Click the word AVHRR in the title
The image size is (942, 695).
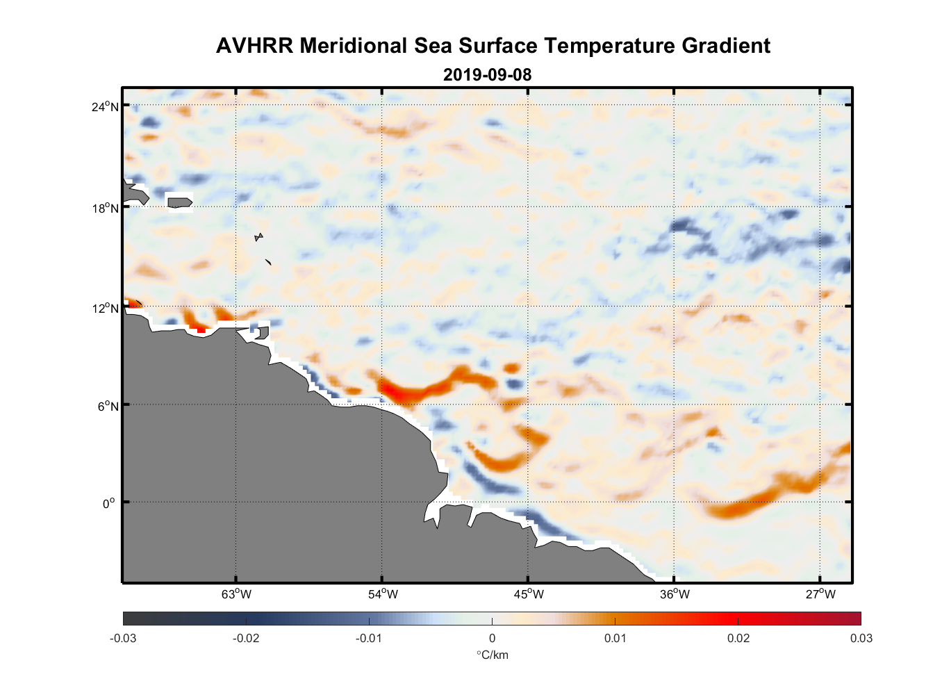pos(254,46)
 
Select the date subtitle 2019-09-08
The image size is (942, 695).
pos(487,75)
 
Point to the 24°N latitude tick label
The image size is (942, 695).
pos(105,106)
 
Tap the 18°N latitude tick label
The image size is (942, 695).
pos(105,208)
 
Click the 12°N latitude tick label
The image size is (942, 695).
pos(105,308)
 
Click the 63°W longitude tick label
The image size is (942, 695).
pos(236,594)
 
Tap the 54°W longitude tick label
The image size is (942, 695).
pos(383,594)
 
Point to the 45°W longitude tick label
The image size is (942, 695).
pos(529,594)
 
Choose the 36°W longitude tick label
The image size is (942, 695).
pos(675,594)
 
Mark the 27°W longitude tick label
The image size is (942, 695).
pos(820,594)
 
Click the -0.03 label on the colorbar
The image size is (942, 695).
pos(123,638)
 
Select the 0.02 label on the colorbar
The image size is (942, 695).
pos(738,638)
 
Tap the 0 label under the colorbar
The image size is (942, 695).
pos(492,638)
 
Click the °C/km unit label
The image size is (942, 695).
pos(492,655)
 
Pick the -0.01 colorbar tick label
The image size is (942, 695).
pos(369,638)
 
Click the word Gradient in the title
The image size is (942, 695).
pos(726,46)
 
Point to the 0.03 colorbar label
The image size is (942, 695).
pos(861,638)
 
